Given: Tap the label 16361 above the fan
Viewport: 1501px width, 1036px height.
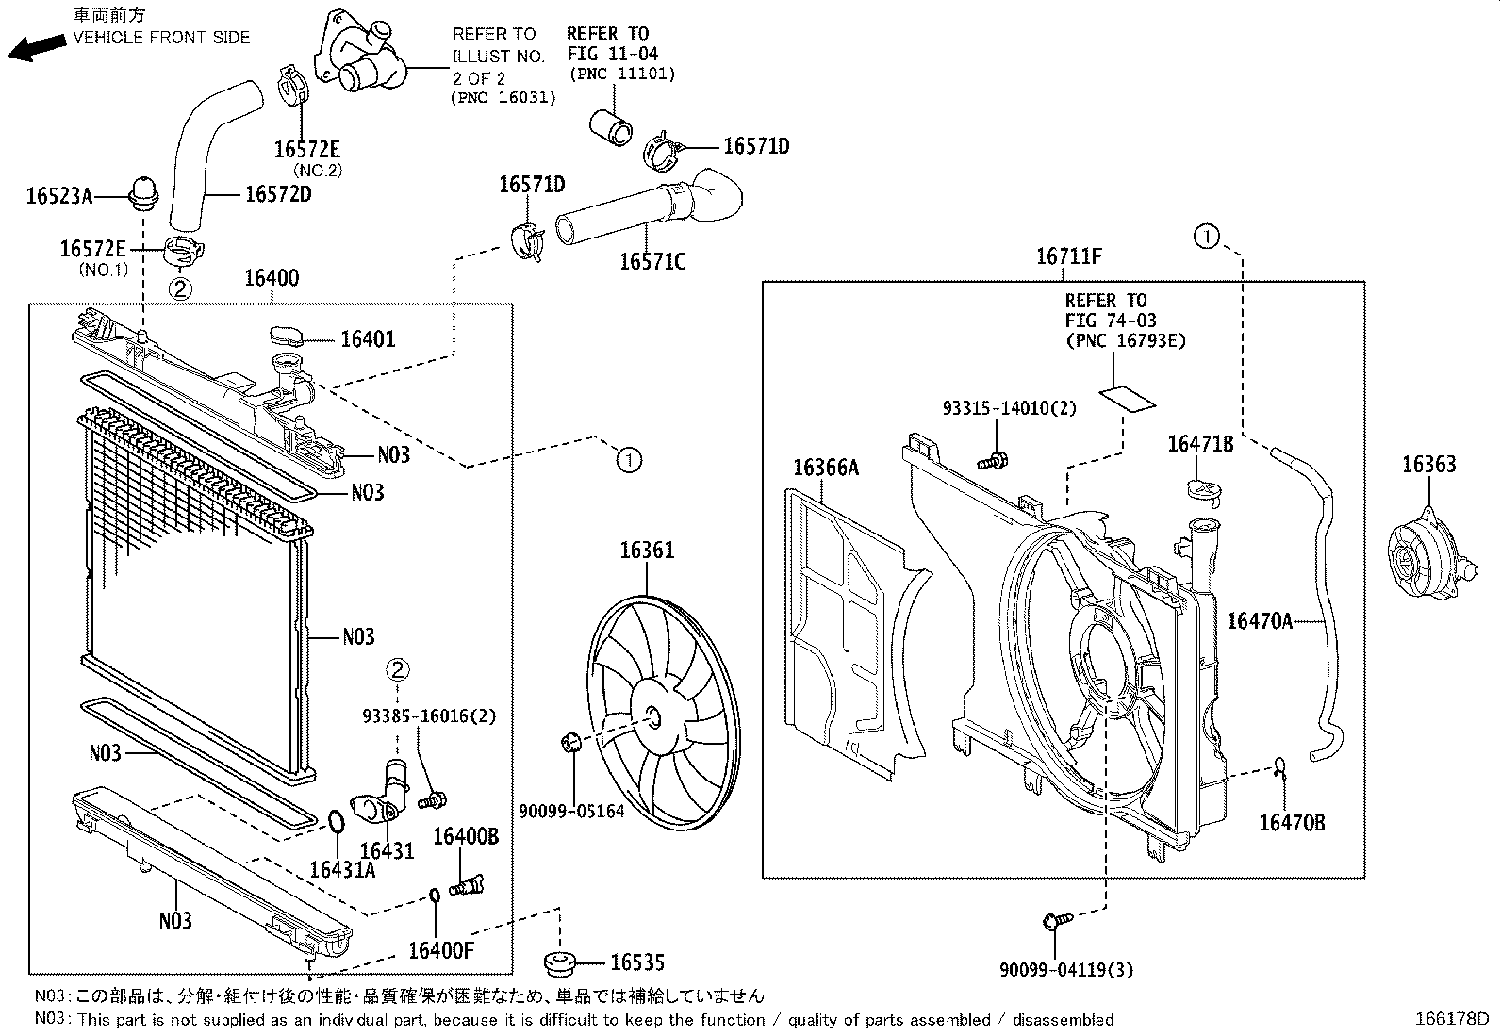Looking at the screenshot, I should tap(647, 550).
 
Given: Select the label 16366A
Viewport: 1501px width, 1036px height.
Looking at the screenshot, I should tap(826, 468).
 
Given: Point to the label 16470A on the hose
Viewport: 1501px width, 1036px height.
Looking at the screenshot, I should tap(1259, 621).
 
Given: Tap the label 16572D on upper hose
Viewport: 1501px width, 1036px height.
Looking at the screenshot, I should tap(277, 194).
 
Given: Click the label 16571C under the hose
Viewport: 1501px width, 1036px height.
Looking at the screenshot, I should tap(652, 261).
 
